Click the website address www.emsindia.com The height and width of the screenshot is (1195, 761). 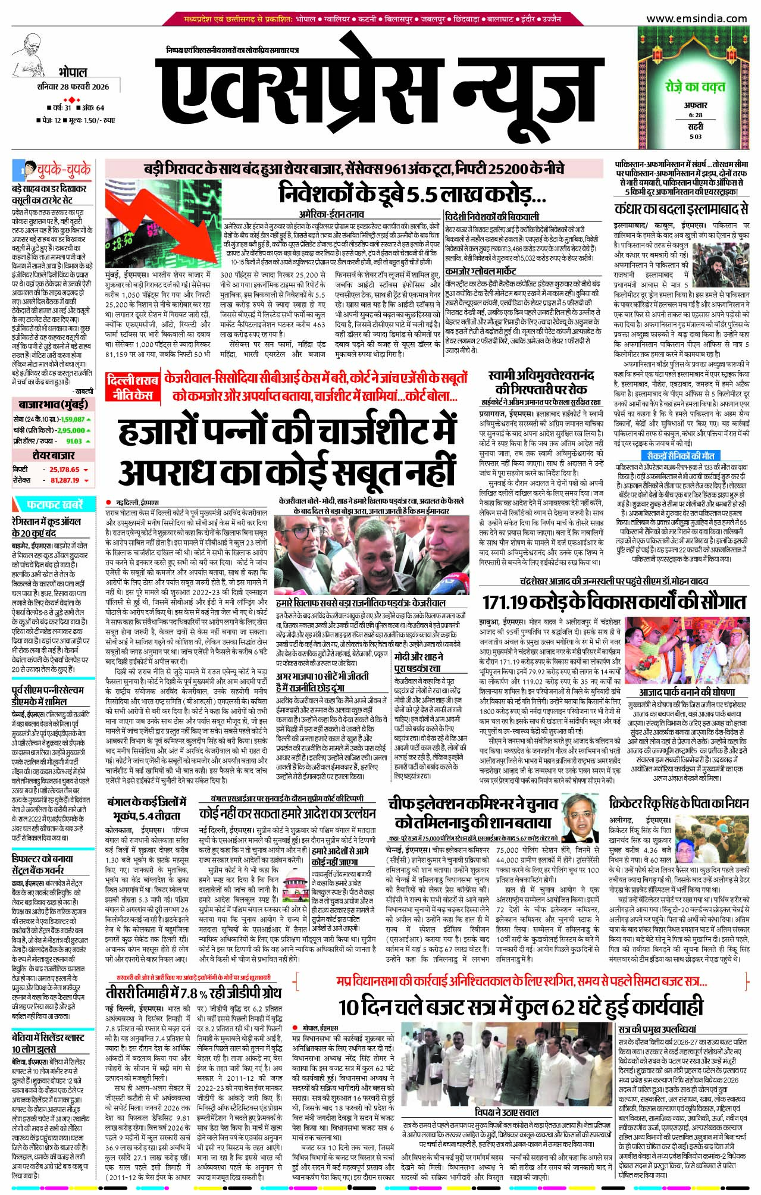pos(696,18)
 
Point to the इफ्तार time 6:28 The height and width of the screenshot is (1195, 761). pos(695,115)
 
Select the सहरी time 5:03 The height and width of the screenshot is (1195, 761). pos(695,136)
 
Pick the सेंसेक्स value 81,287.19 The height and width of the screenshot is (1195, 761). pos(65,480)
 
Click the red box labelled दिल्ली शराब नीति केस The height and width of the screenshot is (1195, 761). pos(131,387)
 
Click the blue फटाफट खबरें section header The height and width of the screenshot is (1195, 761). pos(54,505)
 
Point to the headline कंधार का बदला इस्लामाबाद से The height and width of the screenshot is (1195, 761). pos(681,209)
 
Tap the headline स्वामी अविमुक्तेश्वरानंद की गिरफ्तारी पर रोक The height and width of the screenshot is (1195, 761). pos(540,382)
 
